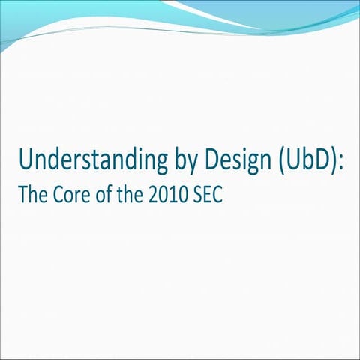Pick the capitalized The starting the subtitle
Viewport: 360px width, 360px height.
tap(31, 196)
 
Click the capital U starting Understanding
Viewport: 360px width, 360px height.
tap(25, 160)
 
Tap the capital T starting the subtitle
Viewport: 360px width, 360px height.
tap(22, 196)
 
